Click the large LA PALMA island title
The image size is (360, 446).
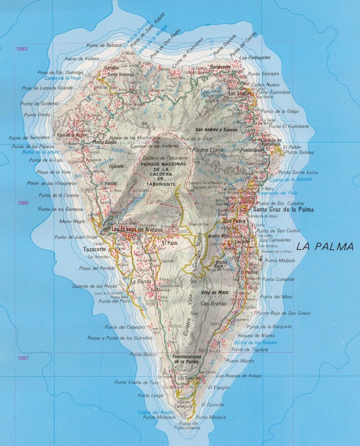click(x=325, y=247)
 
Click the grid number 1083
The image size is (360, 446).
click(x=21, y=49)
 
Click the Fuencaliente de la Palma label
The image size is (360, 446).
click(x=187, y=359)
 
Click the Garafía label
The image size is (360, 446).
click(x=111, y=68)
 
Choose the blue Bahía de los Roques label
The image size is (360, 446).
click(x=255, y=342)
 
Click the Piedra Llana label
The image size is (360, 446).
click(x=208, y=150)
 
